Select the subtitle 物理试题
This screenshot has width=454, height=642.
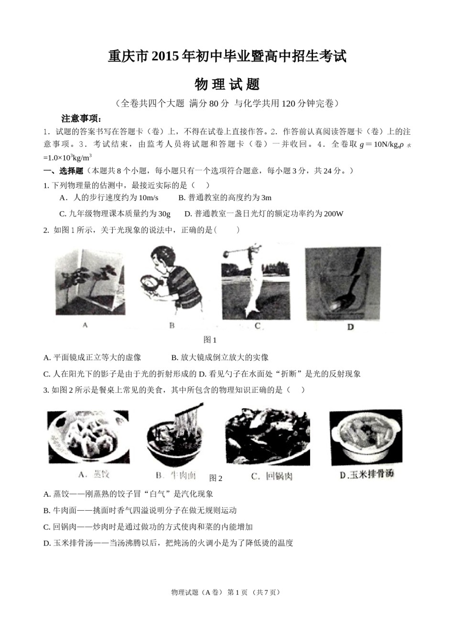tap(227, 85)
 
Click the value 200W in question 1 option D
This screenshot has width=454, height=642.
tap(333, 214)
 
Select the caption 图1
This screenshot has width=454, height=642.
tap(210, 340)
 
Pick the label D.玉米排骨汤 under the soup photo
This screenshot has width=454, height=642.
tap(366, 475)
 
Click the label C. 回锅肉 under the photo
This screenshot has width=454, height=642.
tap(271, 476)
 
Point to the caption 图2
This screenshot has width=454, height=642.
tap(216, 478)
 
